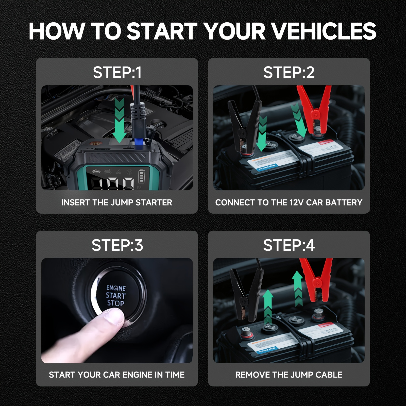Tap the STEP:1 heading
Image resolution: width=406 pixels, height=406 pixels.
point(117,73)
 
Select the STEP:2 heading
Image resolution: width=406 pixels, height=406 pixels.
point(289,73)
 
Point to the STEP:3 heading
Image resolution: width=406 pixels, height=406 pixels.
point(117,245)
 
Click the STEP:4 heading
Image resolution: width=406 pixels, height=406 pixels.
point(289,245)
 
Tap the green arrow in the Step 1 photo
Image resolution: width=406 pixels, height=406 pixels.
point(119,122)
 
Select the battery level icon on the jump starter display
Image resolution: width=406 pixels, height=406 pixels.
point(142,176)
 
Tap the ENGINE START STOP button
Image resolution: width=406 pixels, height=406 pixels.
point(116,296)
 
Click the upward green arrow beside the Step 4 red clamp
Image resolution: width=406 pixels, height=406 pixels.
point(298,288)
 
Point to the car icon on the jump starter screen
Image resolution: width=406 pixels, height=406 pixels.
point(96,171)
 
